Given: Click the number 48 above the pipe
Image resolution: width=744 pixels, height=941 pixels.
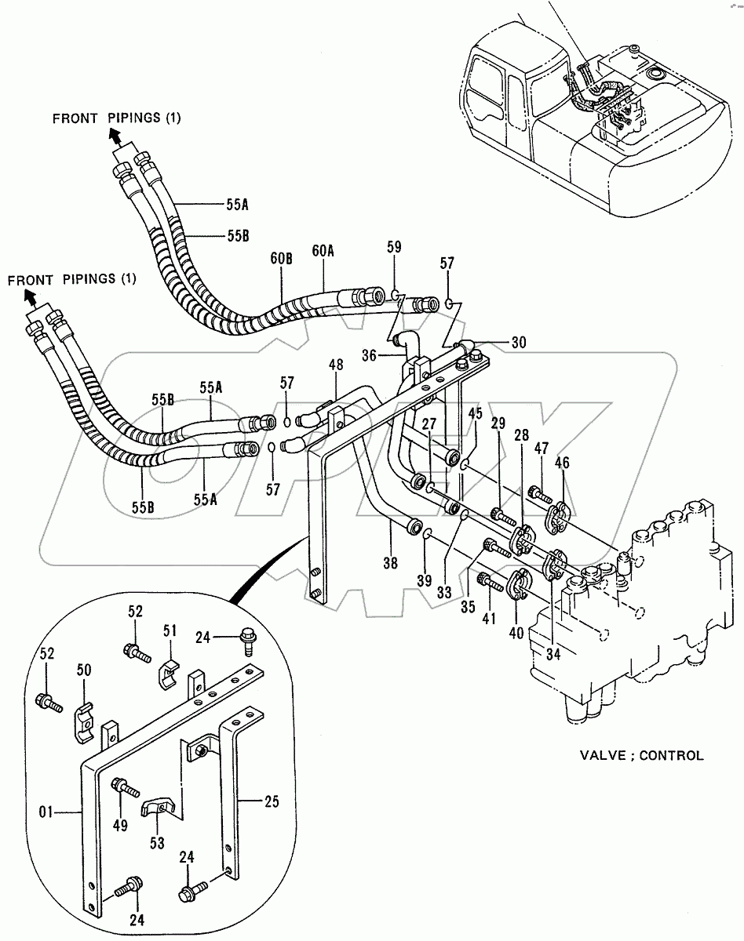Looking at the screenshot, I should click(x=336, y=365).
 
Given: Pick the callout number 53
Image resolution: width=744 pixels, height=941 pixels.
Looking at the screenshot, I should click(x=157, y=842).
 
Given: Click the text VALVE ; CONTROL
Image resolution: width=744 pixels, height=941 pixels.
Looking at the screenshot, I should click(x=641, y=756).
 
